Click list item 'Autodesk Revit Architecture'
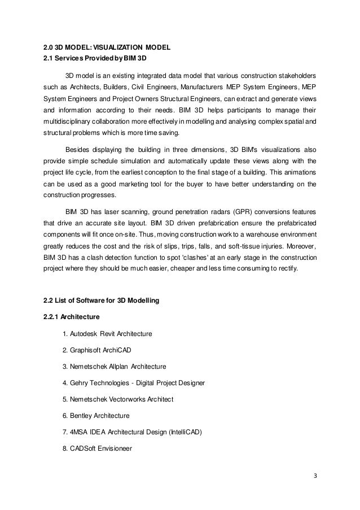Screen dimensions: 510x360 pos(107,333)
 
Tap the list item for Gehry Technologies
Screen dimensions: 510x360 pos(134,382)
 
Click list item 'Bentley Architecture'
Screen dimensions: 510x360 pos(96,416)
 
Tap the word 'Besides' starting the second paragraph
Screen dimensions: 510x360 pos(77,150)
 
